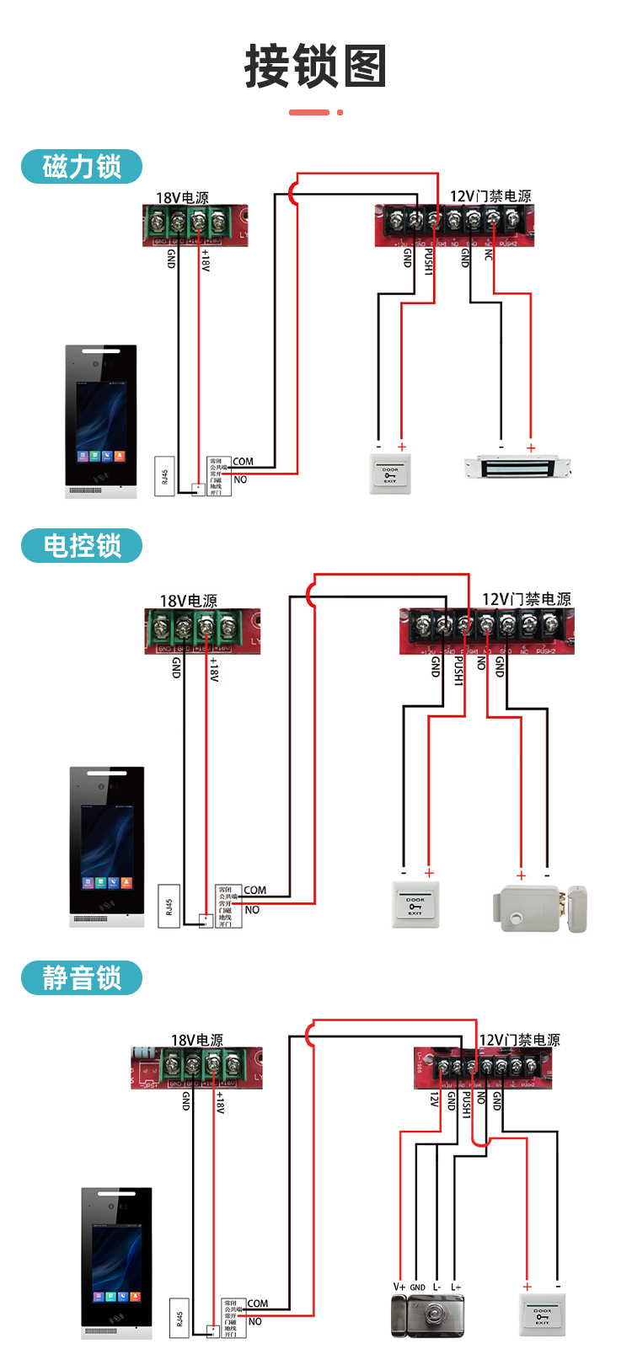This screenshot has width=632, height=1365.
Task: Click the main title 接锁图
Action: tap(315, 67)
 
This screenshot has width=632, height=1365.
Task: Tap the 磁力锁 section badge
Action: tap(82, 166)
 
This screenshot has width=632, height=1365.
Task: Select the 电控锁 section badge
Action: tap(82, 545)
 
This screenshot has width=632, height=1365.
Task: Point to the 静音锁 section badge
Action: tap(82, 978)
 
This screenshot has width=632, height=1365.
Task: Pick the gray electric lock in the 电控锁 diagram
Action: tap(539, 907)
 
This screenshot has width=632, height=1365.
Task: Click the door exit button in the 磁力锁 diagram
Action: tap(390, 473)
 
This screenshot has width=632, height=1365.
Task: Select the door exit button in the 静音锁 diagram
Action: tap(541, 1316)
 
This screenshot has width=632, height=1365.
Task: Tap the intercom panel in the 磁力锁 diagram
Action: tap(101, 420)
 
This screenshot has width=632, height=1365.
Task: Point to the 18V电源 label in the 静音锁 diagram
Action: tap(196, 1040)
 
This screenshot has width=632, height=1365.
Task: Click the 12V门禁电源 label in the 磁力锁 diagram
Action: tap(490, 196)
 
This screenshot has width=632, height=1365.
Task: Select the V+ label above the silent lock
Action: tap(399, 1287)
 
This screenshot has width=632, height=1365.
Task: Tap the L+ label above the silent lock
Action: tap(456, 1287)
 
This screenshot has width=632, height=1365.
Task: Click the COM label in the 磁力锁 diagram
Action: tap(243, 461)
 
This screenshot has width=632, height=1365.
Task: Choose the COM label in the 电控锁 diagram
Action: tap(254, 890)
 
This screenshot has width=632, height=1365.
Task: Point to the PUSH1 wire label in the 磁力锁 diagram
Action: tap(428, 261)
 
